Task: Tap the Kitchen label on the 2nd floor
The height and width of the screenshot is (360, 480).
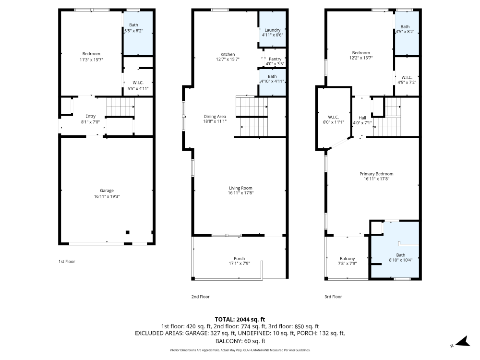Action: tap(228, 54)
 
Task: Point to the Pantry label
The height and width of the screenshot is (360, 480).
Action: tap(275, 59)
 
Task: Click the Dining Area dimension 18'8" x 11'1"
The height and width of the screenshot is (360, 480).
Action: tap(215, 121)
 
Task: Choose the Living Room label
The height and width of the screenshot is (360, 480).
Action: tap(240, 188)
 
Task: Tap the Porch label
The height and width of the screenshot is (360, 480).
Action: tap(239, 258)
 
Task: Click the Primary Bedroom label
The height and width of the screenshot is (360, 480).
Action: tap(376, 174)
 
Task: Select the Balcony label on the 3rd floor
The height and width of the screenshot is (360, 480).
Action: tap(347, 258)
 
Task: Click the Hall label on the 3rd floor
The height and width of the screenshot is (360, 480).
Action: tap(362, 118)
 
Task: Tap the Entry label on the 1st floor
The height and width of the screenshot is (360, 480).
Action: tap(90, 116)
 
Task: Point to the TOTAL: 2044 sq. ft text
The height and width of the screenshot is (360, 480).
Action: tap(240, 319)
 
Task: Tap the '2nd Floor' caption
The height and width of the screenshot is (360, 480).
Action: tap(201, 297)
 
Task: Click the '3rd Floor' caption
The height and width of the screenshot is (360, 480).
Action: tap(333, 297)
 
